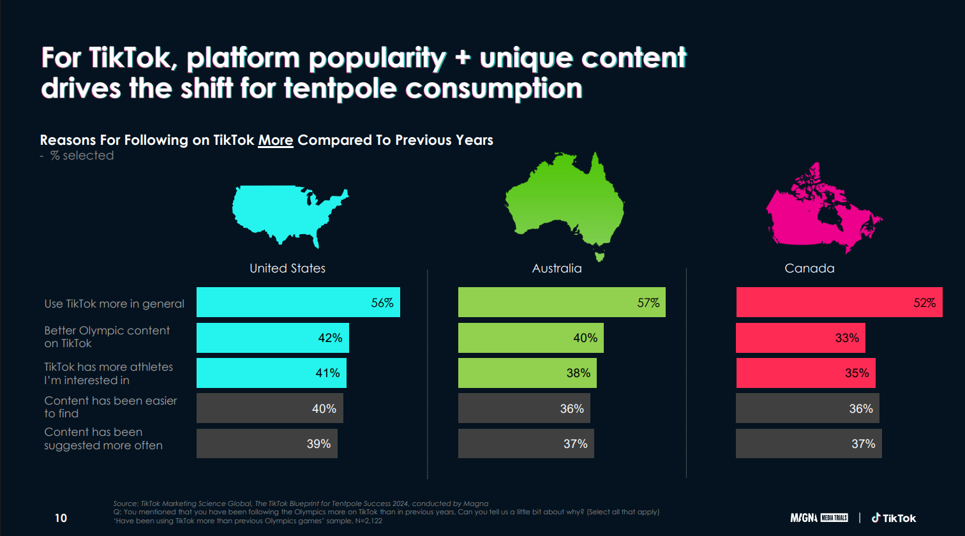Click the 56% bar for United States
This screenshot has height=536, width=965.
298,302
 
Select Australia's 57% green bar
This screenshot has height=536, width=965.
562,302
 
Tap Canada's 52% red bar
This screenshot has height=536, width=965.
839,302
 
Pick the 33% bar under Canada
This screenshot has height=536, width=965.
800,338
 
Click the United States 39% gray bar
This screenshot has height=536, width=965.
267,443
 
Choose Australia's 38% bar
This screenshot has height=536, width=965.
527,373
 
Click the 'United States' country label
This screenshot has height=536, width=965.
287,269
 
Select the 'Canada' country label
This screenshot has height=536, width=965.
809,269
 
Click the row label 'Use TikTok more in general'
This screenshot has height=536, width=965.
114,304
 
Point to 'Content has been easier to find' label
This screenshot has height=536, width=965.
110,407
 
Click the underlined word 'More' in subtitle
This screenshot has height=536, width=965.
276,140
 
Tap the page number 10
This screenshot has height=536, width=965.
61,517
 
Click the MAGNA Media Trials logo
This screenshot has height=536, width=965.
819,517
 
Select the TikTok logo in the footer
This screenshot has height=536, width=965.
894,517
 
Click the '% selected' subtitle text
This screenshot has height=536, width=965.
82,156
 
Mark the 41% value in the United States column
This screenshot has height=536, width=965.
327,373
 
